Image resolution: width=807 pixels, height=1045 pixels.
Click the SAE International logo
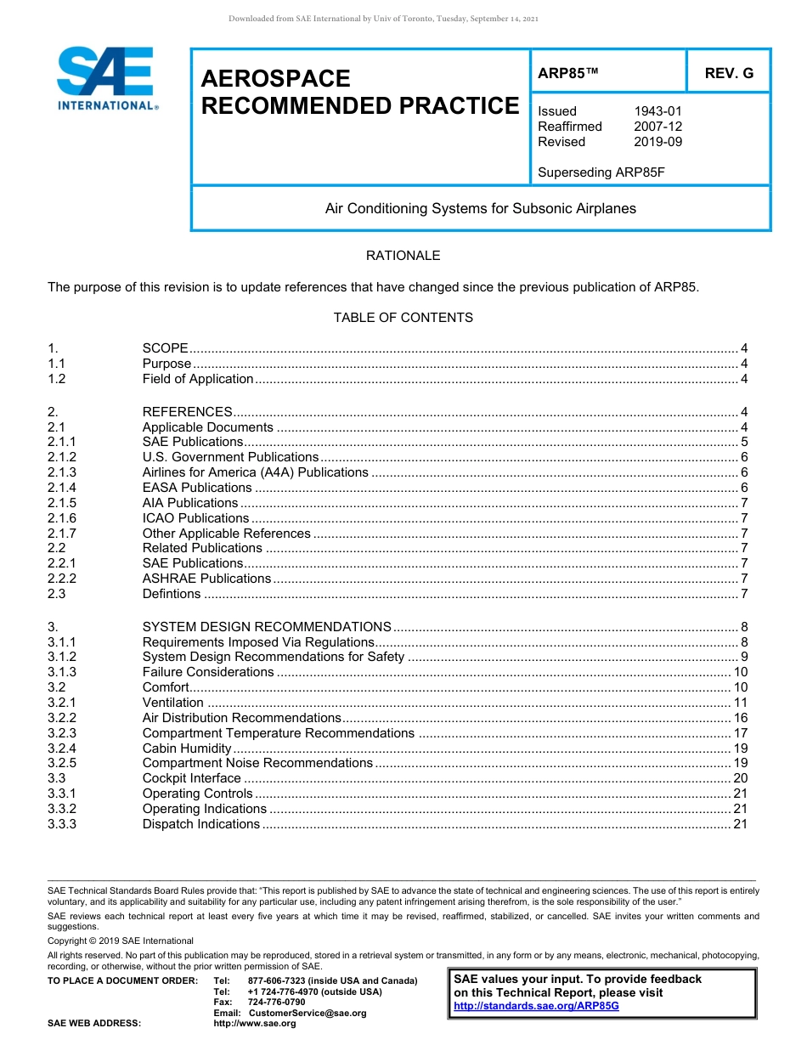click(x=106, y=78)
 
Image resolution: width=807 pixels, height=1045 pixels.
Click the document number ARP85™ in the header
click(x=568, y=74)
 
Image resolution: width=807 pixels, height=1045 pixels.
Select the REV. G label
click(x=728, y=74)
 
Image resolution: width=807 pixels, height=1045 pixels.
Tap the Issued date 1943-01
click(x=657, y=111)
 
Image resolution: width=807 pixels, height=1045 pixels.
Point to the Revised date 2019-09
click(x=657, y=142)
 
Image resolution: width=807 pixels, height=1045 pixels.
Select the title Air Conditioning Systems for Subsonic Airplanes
click(x=480, y=208)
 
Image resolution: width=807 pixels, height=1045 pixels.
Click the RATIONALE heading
click(x=403, y=256)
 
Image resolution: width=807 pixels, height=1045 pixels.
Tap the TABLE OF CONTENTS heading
click(x=403, y=318)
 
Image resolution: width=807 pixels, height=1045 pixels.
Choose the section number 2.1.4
click(x=62, y=488)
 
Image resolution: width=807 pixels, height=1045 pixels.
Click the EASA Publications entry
click(x=197, y=488)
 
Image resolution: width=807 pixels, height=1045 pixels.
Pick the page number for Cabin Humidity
click(x=740, y=748)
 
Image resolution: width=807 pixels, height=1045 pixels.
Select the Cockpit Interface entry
click(x=191, y=778)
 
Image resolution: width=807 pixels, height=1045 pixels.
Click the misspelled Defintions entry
click(x=172, y=594)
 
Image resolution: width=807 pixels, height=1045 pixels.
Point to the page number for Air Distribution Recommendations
click(x=740, y=718)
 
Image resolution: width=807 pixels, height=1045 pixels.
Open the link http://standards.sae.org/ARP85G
click(x=536, y=1006)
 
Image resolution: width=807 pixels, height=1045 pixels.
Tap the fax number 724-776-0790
click(x=276, y=1003)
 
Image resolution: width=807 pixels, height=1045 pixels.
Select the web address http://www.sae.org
click(x=255, y=1024)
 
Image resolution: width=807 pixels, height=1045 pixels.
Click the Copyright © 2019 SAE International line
click(x=121, y=940)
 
